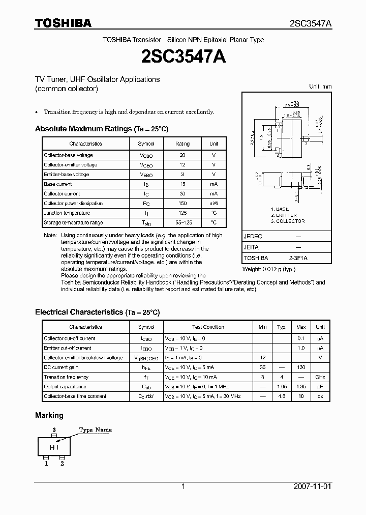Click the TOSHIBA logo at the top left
(x=63, y=23)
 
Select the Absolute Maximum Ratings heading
(x=101, y=129)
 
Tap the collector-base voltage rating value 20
(x=182, y=155)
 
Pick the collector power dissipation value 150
(x=182, y=204)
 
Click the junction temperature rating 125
(x=182, y=213)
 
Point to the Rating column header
(x=182, y=144)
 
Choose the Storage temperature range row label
(x=73, y=223)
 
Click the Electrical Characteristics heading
(x=97, y=312)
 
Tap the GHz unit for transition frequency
(x=320, y=377)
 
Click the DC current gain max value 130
(x=301, y=367)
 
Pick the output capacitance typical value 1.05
(x=282, y=387)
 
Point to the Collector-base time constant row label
(x=75, y=396)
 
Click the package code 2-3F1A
(x=298, y=258)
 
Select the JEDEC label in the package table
(x=253, y=237)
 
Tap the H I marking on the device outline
(x=54, y=447)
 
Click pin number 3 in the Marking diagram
(x=54, y=430)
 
